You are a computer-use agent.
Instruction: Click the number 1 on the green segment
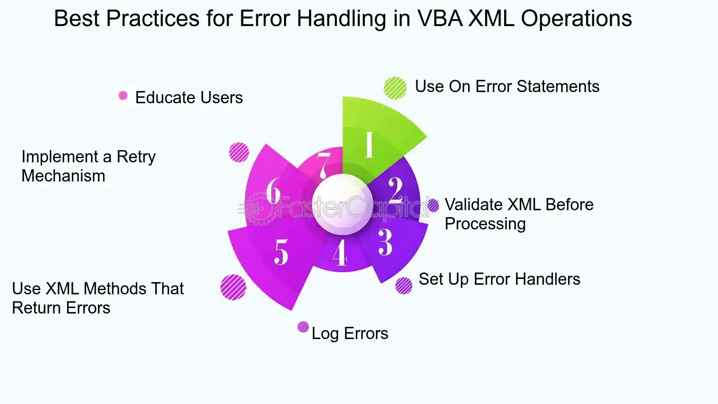click(x=369, y=144)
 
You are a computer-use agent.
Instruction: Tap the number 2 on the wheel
click(x=396, y=190)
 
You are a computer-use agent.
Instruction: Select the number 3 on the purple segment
click(x=385, y=242)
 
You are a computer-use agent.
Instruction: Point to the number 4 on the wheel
click(x=340, y=253)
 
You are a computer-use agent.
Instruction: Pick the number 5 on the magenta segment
click(x=281, y=252)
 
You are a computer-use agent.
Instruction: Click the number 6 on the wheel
click(x=273, y=190)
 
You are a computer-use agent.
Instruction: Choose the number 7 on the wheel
click(x=323, y=166)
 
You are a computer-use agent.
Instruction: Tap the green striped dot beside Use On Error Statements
click(x=395, y=88)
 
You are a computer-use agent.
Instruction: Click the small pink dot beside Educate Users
click(x=123, y=95)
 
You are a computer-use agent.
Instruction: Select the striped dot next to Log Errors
click(x=303, y=327)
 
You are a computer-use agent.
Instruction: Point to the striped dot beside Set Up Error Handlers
click(x=404, y=285)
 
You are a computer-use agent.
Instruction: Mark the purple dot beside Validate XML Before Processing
click(x=433, y=205)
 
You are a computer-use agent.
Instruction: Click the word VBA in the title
click(x=440, y=18)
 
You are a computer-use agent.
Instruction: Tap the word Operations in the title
click(x=577, y=19)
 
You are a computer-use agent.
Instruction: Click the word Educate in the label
click(x=165, y=97)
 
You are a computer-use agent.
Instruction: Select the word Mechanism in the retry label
click(x=63, y=176)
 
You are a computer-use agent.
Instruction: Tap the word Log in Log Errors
click(x=325, y=334)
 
